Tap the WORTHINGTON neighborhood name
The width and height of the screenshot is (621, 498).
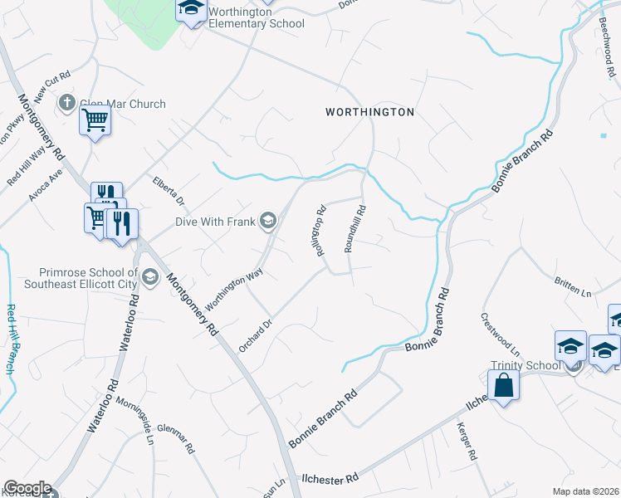(369, 111)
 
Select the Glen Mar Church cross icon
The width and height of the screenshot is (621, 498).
(67, 104)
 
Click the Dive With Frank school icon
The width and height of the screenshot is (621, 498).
(267, 221)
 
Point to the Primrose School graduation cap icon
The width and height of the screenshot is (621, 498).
(150, 277)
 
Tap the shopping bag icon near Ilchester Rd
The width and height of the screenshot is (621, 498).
(503, 385)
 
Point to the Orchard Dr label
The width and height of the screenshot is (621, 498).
(256, 335)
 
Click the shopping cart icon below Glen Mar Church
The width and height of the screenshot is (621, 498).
(95, 121)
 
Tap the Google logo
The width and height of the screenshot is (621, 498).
(27, 488)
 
